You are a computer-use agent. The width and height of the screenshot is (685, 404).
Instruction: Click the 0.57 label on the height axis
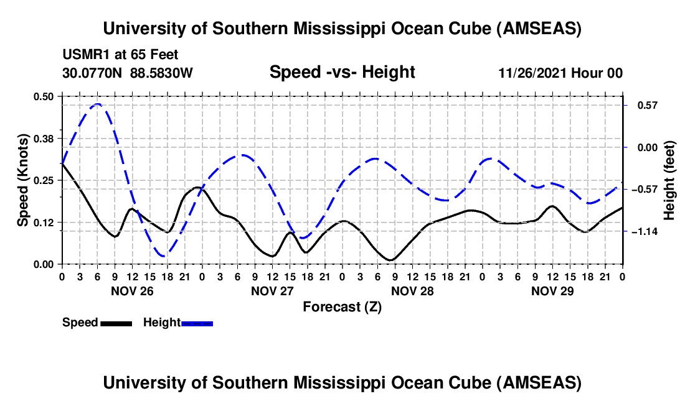pyautogui.click(x=645, y=105)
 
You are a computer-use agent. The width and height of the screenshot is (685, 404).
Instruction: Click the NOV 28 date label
pyautogui.click(x=412, y=291)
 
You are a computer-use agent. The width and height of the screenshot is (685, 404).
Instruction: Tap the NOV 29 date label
pyautogui.click(x=552, y=291)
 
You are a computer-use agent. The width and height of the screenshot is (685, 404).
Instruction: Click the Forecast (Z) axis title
pyautogui.click(x=342, y=306)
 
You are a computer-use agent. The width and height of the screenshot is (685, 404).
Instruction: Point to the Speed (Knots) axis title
pyautogui.click(x=23, y=180)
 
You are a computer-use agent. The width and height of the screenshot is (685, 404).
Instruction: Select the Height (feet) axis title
pyautogui.click(x=669, y=180)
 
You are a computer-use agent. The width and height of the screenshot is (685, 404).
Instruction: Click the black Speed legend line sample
pyautogui.click(x=116, y=323)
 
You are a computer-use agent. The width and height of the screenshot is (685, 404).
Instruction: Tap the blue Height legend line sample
pyautogui.click(x=197, y=323)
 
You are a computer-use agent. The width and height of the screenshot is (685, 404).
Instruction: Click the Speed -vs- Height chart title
pyautogui.click(x=342, y=72)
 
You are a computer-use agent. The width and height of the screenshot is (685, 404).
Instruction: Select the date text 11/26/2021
pyautogui.click(x=531, y=73)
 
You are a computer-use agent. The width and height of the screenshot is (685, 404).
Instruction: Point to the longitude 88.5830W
pyautogui.click(x=161, y=73)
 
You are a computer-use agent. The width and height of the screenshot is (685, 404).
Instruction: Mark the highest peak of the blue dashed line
pyautogui.click(x=97, y=104)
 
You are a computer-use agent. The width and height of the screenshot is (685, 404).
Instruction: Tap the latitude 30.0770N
pyautogui.click(x=93, y=73)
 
